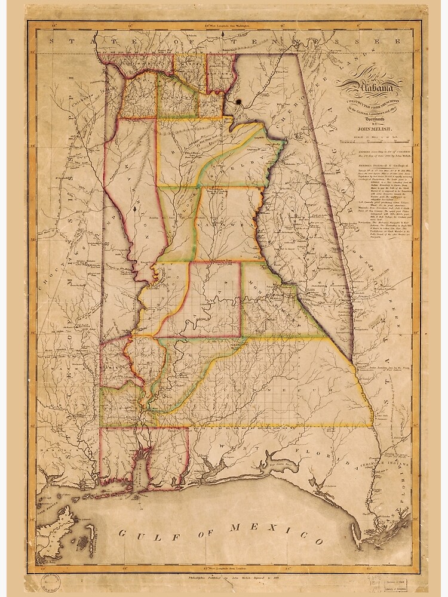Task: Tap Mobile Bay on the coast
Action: (x=138, y=472)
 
